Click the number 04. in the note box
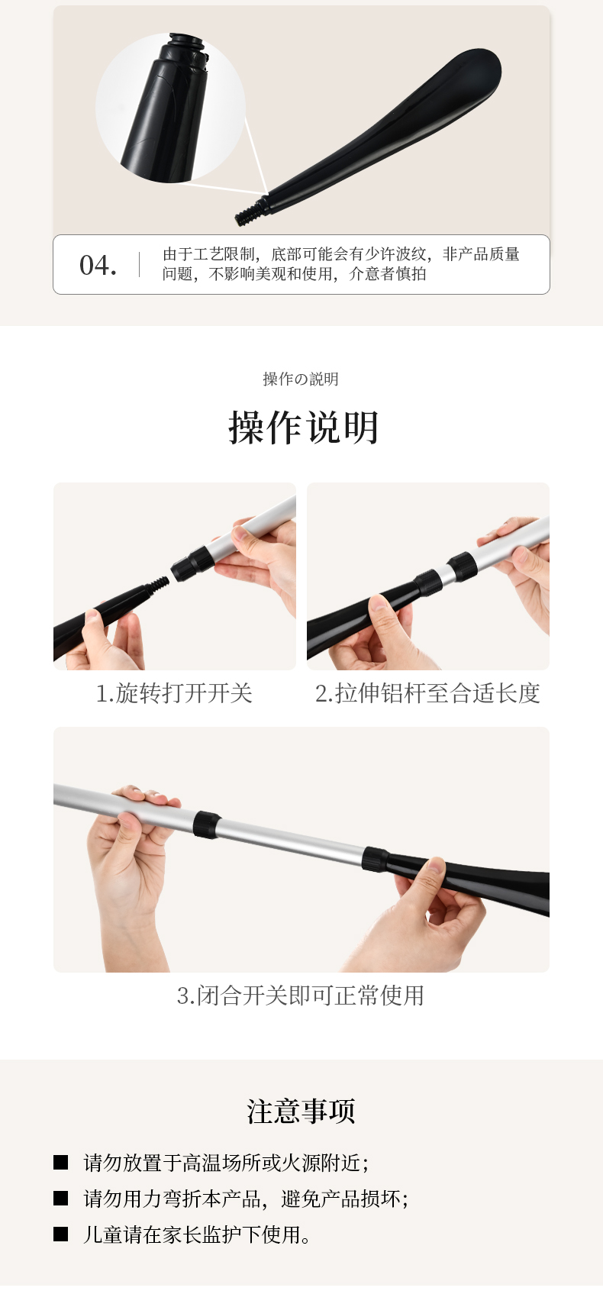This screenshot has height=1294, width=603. (98, 266)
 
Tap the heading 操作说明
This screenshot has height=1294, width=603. (303, 428)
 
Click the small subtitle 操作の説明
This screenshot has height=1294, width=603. (301, 379)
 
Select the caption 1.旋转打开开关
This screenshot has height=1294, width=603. (175, 693)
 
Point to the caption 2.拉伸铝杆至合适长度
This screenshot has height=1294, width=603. (428, 693)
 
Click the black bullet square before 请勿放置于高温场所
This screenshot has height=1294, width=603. (60, 1162)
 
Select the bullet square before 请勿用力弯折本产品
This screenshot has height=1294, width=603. (60, 1198)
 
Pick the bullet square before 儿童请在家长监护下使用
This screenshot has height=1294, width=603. (60, 1234)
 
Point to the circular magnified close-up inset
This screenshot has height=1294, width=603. (170, 108)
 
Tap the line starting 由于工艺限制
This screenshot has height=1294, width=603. (341, 254)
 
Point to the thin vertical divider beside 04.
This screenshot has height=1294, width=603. (139, 265)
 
